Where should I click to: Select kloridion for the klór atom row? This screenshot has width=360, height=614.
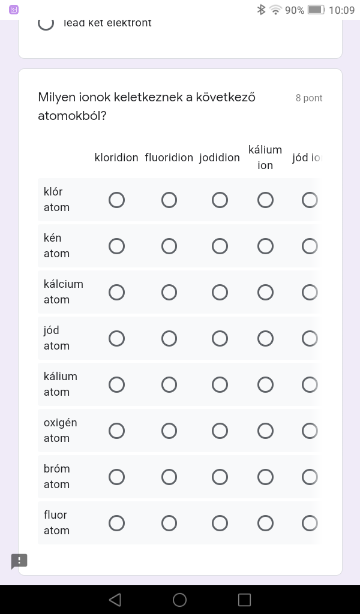116,200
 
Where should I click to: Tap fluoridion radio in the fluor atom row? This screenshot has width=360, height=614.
169,523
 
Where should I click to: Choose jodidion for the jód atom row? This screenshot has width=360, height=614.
220,338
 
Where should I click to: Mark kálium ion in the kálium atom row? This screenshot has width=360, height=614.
265,384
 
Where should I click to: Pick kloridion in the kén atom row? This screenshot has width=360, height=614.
116,246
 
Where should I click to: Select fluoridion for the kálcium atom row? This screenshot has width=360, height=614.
169,292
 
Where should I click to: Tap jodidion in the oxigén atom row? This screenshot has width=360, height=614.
220,431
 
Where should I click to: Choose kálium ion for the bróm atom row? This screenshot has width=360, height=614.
265,477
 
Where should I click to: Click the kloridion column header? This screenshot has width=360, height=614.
116,158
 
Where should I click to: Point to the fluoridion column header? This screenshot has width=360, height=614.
169,158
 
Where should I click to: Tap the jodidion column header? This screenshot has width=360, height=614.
220,158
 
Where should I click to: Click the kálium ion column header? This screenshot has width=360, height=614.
265,157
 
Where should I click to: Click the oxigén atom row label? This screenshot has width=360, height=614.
60,430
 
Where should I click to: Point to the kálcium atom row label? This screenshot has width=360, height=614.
63,291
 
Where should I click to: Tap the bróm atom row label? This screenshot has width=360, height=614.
57,476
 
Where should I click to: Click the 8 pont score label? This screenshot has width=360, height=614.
309,98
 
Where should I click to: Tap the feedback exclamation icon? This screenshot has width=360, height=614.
19,561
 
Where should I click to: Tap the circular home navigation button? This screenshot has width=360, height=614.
179,600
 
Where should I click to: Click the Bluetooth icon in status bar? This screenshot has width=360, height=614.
261,10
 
